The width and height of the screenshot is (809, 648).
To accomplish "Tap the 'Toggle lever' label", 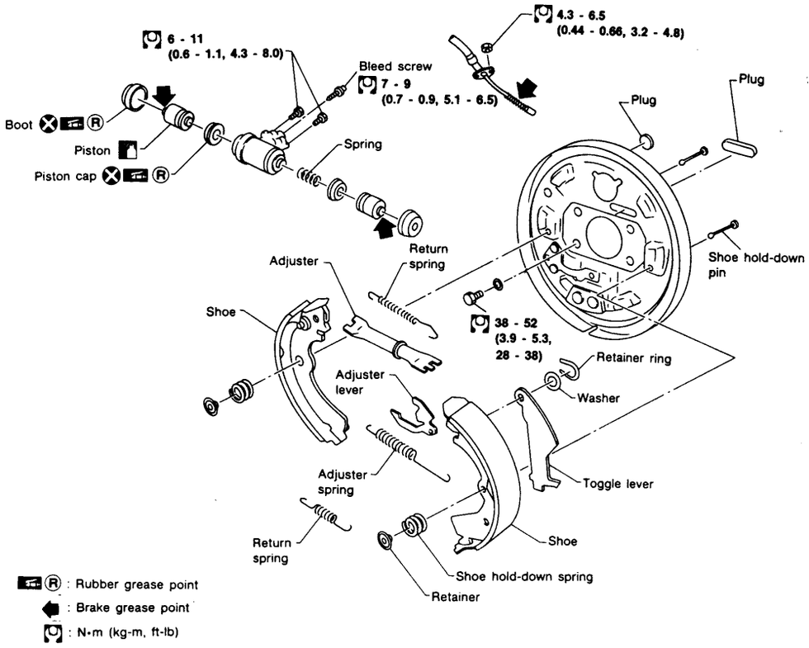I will click(x=617, y=484).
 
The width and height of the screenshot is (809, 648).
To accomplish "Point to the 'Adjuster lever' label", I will click(x=361, y=381).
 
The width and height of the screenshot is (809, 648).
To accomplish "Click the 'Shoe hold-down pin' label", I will click(x=756, y=264).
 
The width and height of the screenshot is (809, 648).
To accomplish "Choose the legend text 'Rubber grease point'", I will click(x=136, y=584).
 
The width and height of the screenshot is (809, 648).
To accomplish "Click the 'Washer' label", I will click(x=598, y=398).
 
